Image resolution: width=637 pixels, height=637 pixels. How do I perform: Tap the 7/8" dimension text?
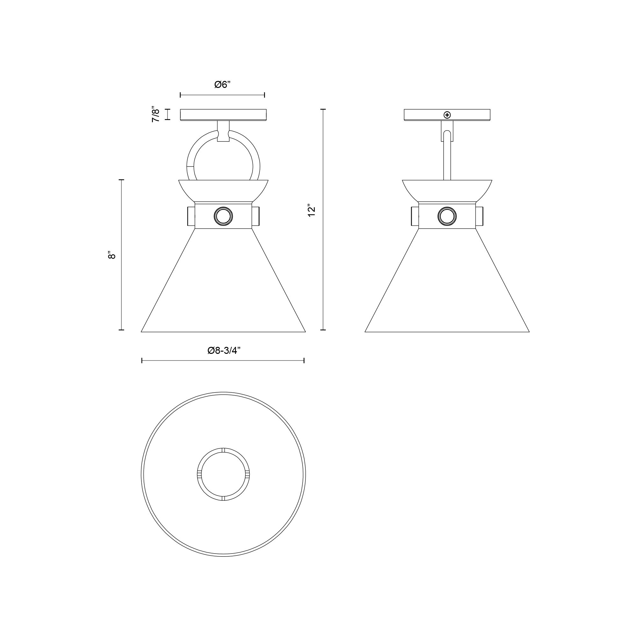(156, 114)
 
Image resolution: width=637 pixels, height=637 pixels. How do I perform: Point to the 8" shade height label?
(112, 255)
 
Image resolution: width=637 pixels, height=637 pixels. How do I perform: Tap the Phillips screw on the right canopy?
(447, 115)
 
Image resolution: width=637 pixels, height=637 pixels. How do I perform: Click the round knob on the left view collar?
(223, 216)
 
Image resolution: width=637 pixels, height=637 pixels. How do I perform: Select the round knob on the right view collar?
(447, 216)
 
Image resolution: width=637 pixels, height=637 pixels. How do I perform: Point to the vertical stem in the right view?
(447, 158)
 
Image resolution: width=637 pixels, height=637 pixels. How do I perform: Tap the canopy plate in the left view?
(223, 114)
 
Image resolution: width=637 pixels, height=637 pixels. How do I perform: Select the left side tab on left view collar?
(191, 216)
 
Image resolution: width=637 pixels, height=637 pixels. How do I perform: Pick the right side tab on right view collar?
(479, 216)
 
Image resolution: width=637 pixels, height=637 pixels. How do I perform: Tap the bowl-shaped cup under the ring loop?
(223, 191)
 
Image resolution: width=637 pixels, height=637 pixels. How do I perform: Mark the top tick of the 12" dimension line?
(323, 109)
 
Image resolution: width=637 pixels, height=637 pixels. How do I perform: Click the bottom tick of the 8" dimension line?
(121, 329)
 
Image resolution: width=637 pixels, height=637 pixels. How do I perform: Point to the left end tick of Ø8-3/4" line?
(142, 361)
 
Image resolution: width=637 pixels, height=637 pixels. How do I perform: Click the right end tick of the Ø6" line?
(264, 95)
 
